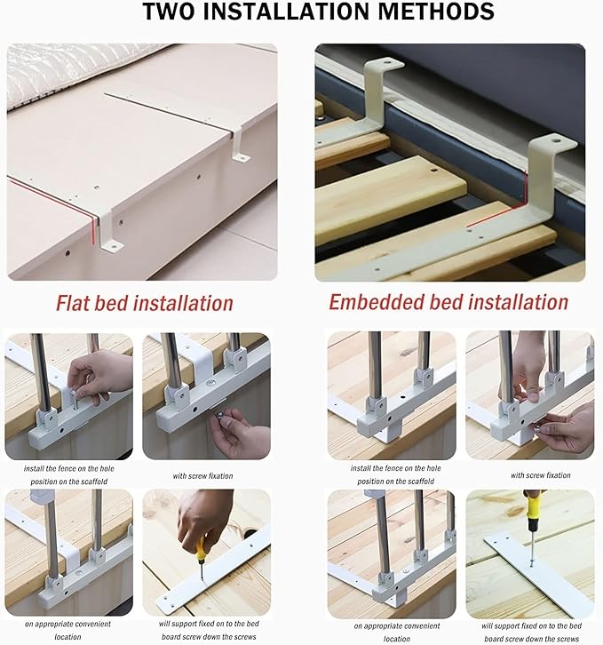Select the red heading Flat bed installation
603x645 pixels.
click(145, 303)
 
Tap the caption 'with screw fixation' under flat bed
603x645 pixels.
click(202, 476)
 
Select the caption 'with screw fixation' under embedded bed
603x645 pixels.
click(541, 475)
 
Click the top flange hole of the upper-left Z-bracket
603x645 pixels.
click(387, 64)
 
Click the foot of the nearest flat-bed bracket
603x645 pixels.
click(113, 247)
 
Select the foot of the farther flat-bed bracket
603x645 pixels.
click(241, 157)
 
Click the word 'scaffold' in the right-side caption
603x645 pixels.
click(419, 481)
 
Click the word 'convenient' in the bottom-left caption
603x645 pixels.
click(92, 624)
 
